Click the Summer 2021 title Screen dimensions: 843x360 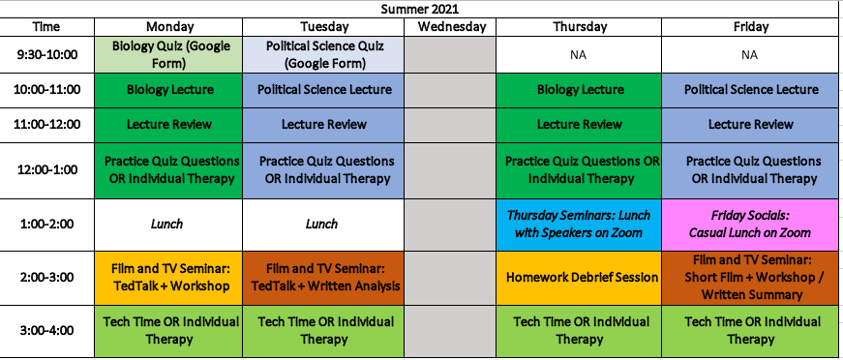(x=420, y=9)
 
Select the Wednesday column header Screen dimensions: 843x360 (x=450, y=27)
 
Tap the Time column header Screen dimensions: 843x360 (x=46, y=27)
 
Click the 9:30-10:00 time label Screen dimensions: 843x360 (x=46, y=54)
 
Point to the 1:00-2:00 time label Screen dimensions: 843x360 (x=46, y=225)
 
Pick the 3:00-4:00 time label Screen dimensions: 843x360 (x=46, y=330)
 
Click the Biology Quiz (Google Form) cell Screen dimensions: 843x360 (x=168, y=54)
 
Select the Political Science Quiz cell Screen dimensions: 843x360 (x=323, y=54)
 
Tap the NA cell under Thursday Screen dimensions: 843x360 (x=579, y=54)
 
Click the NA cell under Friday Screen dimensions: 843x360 (x=750, y=54)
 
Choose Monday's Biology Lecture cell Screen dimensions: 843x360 (x=168, y=90)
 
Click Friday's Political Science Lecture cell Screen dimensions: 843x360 (x=750, y=90)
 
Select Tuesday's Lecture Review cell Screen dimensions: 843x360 (x=323, y=125)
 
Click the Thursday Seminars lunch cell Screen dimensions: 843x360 (x=579, y=225)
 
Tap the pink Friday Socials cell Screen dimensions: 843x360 (x=750, y=225)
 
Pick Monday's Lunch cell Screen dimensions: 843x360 (x=168, y=225)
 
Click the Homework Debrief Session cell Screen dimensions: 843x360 (x=579, y=277)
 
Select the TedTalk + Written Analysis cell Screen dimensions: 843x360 (x=323, y=277)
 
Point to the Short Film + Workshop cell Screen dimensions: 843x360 (x=750, y=277)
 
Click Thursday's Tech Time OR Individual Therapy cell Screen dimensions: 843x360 (x=579, y=330)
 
